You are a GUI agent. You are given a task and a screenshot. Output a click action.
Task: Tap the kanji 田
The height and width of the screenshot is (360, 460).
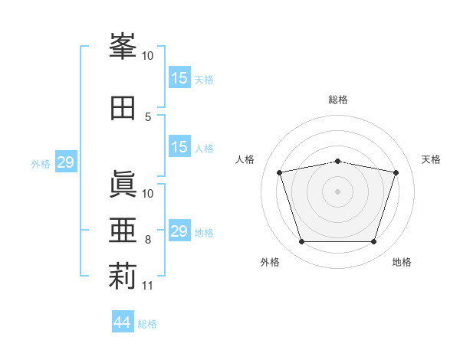pos(123,108)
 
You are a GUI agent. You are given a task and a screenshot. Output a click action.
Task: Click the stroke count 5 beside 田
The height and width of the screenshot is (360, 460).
pos(148,116)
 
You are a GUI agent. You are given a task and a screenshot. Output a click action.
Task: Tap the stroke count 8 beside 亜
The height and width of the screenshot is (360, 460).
pos(148,240)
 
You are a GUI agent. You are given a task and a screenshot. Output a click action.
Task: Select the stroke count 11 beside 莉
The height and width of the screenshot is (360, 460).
pos(148,286)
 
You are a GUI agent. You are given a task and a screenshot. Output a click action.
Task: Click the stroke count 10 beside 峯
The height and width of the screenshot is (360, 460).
pos(148,56)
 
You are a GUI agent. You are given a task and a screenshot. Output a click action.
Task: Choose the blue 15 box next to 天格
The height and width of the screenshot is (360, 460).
pos(179,77)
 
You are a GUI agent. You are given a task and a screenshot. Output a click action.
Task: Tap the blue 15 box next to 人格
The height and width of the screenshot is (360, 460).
pos(179,147)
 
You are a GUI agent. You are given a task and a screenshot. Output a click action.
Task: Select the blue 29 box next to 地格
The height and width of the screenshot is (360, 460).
pos(179,231)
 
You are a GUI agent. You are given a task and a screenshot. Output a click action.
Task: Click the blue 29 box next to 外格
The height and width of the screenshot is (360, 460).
pos(65,162)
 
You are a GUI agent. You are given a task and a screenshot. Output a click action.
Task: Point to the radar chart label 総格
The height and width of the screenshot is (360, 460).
pos(337,100)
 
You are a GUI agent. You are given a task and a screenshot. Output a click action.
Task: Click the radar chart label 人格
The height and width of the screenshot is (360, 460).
pos(246,159)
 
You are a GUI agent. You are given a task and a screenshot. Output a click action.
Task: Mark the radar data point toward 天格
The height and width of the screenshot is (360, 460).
pos(396,172)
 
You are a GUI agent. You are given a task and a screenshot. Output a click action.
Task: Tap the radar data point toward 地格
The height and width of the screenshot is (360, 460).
pos(373,242)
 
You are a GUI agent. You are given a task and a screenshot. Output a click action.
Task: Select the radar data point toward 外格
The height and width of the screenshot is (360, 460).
pos(301,242)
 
